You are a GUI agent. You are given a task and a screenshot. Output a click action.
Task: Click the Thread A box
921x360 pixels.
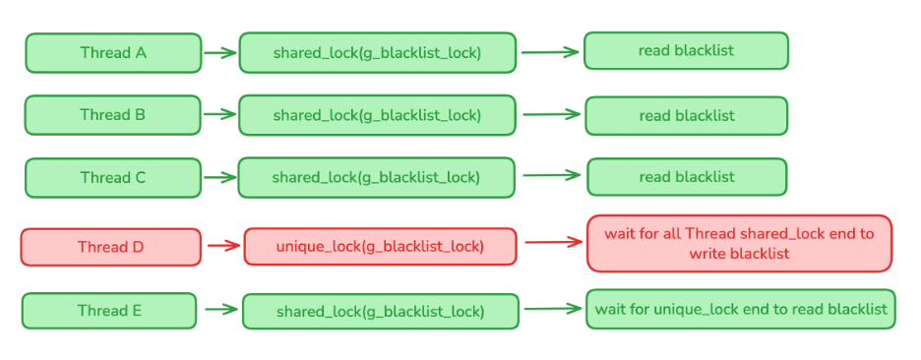113,53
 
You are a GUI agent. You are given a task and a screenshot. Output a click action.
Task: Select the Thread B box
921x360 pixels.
112,115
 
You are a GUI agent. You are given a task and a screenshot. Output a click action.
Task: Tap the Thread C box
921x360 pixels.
112,178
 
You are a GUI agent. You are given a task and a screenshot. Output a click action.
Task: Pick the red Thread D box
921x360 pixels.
110,247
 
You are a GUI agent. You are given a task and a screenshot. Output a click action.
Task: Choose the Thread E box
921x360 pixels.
109,311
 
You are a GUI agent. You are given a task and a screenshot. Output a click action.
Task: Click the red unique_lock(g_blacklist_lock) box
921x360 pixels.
380,247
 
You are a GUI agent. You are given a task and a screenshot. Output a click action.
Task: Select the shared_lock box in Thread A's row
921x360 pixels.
377,53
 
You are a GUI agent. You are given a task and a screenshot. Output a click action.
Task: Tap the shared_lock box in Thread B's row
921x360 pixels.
377,115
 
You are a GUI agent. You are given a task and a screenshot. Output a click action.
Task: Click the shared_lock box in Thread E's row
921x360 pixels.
380,312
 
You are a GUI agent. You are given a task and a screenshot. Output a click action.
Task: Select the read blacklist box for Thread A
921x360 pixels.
686,51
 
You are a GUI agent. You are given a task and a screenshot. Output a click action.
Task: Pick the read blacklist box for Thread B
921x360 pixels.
686,115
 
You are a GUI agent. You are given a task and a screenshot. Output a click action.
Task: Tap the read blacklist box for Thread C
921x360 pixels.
687,177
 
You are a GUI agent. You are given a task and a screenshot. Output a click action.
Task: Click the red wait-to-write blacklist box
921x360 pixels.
739,243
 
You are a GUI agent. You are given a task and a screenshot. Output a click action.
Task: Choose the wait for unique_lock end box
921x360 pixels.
740,309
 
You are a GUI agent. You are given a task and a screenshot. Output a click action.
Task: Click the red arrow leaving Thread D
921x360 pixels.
223,247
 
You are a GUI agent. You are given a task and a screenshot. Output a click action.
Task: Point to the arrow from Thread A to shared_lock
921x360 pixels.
220,53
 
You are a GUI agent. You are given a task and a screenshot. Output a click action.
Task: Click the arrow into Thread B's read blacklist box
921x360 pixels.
552,114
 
